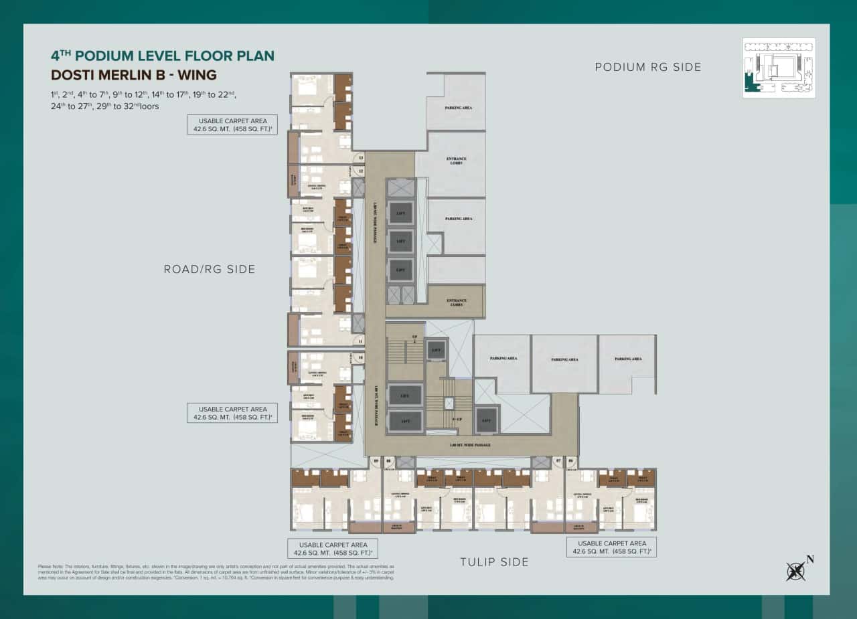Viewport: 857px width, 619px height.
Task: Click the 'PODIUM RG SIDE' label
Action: (647, 67)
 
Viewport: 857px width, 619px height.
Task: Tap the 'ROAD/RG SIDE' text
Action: (210, 269)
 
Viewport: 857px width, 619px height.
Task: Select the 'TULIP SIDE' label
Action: (494, 562)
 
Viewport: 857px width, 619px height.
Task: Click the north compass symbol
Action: (797, 570)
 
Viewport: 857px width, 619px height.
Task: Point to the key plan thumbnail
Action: (779, 68)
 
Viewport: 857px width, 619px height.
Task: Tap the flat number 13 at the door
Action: (361, 158)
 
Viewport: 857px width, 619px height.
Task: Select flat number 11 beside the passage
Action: (361, 341)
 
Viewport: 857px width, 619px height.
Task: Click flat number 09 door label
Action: (376, 461)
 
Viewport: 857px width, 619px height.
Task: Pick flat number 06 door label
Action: (570, 461)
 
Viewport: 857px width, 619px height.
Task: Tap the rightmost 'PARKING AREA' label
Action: (627, 359)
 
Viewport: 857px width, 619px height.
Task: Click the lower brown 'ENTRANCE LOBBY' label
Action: (456, 302)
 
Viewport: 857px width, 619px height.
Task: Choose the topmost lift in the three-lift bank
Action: (400, 213)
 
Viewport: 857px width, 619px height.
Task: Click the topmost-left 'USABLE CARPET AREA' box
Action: (232, 125)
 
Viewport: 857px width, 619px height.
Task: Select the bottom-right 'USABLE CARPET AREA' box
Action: (611, 547)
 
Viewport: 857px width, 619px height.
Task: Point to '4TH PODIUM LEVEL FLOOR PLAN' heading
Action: (163, 56)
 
